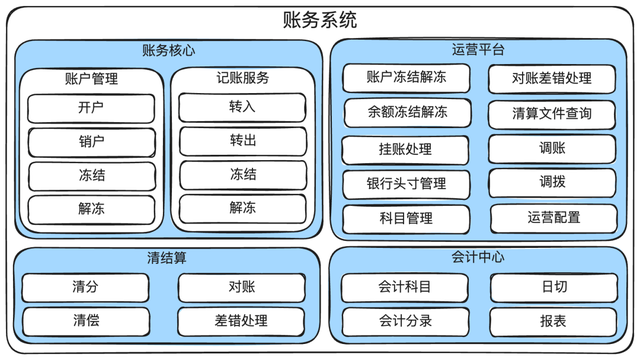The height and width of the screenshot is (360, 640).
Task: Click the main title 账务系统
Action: (x=320, y=20)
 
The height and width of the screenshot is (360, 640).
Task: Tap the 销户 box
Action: (x=91, y=142)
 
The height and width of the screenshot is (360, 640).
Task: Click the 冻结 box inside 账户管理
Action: (x=91, y=176)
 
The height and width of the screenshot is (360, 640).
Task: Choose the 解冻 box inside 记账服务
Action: (x=242, y=209)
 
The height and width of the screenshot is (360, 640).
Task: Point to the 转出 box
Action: (x=242, y=142)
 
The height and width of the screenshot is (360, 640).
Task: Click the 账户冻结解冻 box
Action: (x=406, y=78)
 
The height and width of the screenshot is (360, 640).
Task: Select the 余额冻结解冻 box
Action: (x=406, y=113)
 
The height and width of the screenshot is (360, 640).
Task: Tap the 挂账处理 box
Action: (x=406, y=149)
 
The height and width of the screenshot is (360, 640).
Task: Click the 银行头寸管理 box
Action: (x=406, y=184)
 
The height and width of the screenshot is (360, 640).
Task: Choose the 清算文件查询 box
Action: (x=552, y=113)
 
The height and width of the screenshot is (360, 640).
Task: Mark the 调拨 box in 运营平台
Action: (x=552, y=183)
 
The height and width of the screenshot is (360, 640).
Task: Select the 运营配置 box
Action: (x=552, y=217)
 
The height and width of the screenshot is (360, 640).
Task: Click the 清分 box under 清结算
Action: (x=85, y=288)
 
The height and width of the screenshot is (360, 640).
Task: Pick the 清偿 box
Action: (x=85, y=322)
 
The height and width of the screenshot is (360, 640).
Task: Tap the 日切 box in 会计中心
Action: (x=553, y=288)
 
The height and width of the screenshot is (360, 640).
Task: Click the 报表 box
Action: (x=553, y=322)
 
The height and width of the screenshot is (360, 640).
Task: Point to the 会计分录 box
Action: (x=405, y=322)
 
